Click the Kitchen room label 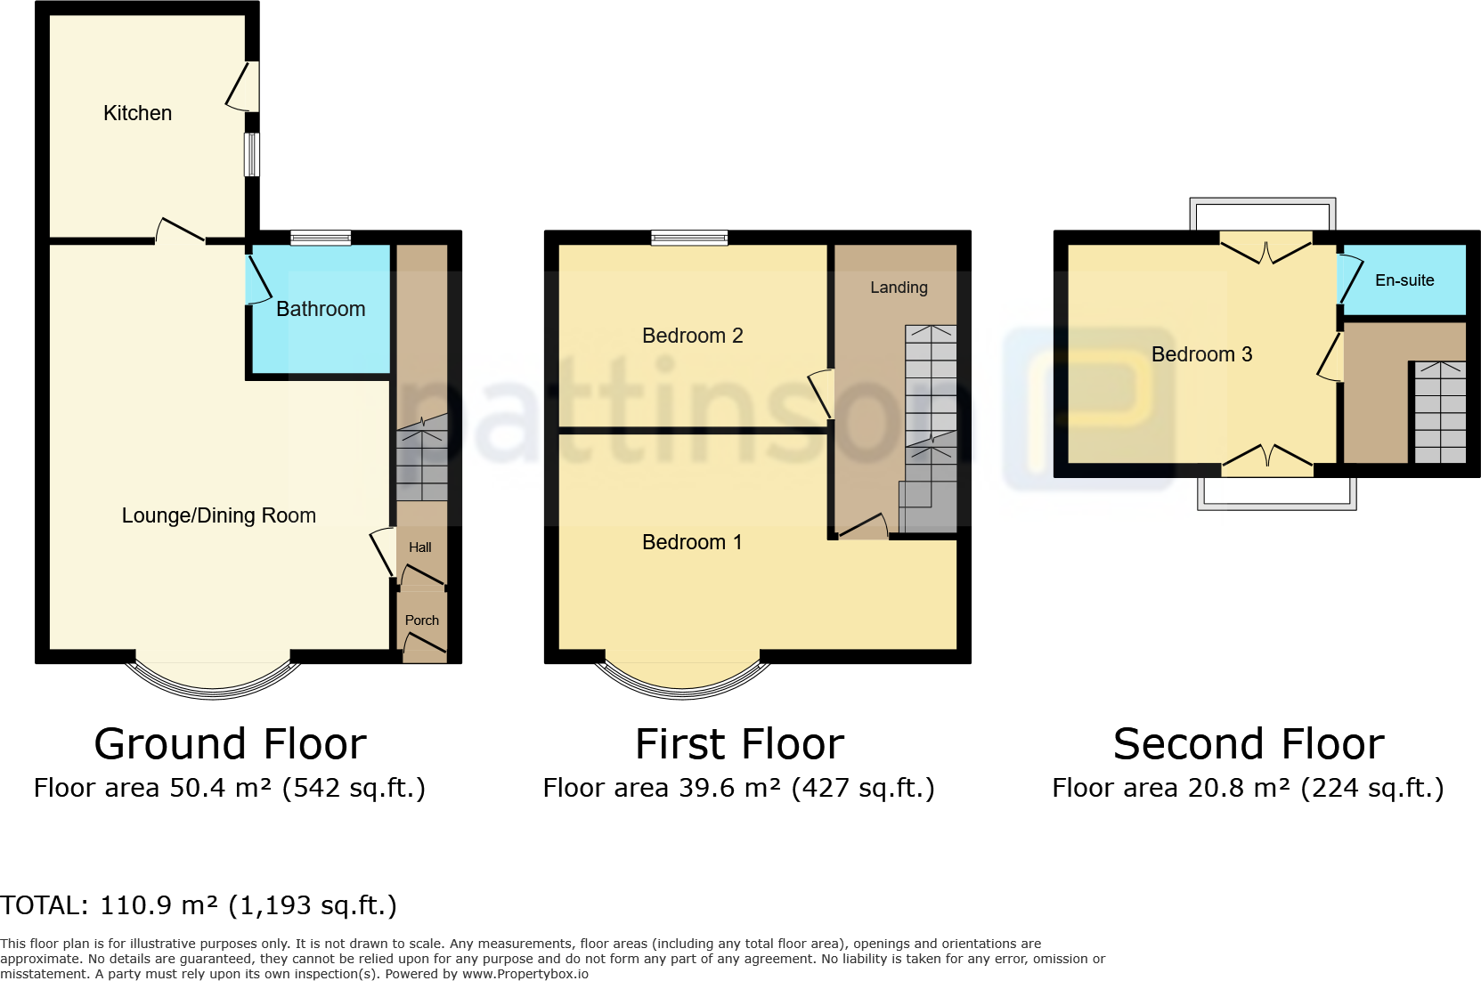click(137, 113)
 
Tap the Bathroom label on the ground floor click(321, 309)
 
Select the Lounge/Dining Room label click(218, 515)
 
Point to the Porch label click(421, 620)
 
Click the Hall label click(419, 547)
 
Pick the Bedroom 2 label click(692, 336)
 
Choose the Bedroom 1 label click(692, 542)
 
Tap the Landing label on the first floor click(899, 288)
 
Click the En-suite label click(1404, 280)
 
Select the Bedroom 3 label click(1201, 354)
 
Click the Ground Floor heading click(230, 744)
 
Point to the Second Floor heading click(1248, 744)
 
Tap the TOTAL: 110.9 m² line click(198, 905)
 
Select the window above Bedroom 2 click(689, 238)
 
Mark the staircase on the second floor click(1439, 412)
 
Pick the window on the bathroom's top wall click(321, 238)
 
